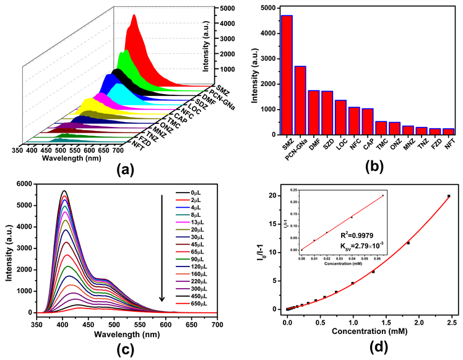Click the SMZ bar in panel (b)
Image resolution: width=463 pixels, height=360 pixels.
tap(287, 74)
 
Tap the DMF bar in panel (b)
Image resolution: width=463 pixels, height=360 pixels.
tap(314, 112)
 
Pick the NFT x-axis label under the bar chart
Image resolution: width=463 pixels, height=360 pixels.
tap(447, 147)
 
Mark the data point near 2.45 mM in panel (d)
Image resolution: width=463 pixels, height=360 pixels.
tap(448, 196)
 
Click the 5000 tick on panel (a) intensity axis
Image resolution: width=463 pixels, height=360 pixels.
tap(226, 9)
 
